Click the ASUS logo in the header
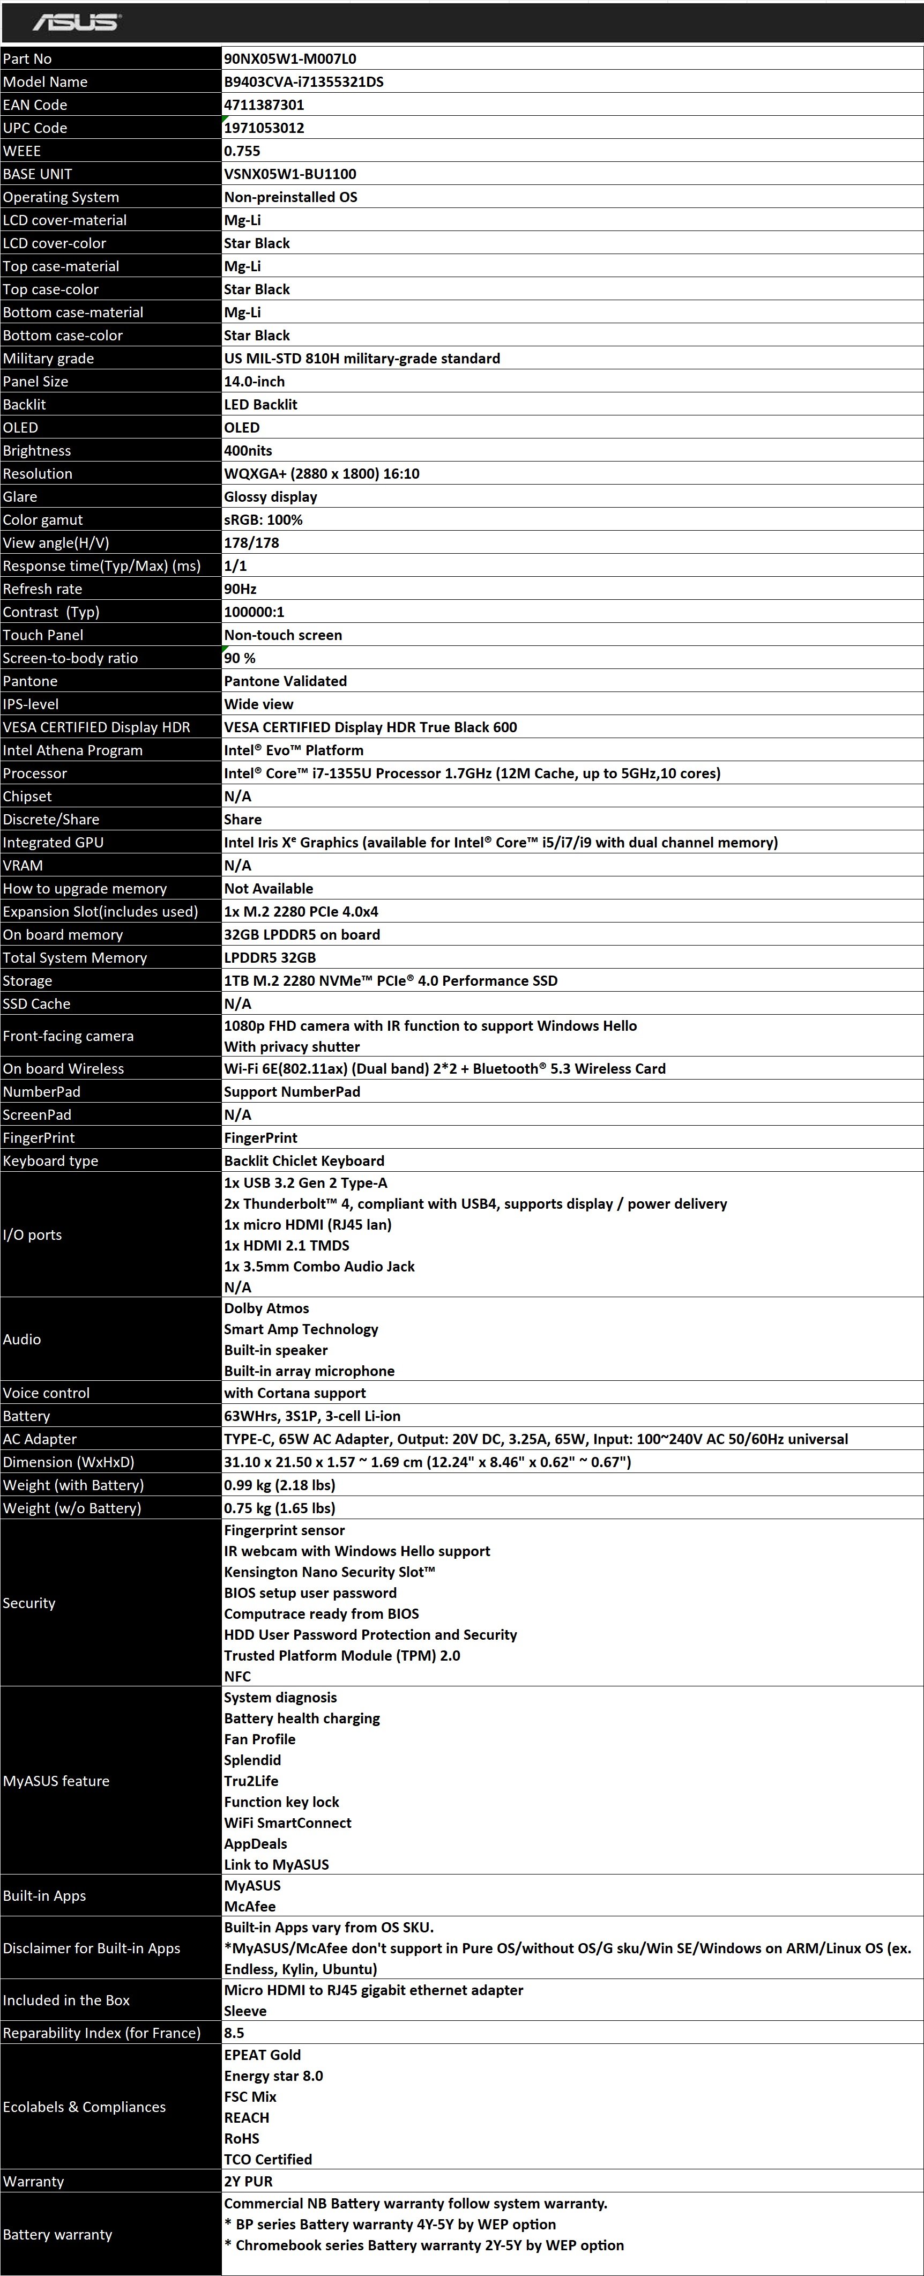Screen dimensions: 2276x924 (x=77, y=22)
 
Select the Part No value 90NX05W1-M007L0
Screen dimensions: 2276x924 (x=290, y=59)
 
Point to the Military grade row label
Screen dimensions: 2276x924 (x=49, y=359)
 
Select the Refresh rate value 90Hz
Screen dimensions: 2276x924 (x=240, y=589)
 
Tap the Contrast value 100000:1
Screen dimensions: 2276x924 (x=255, y=612)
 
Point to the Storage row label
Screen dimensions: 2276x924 (x=27, y=981)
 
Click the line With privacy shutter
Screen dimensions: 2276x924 (x=292, y=1047)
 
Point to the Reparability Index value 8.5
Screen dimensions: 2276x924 (x=234, y=2033)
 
